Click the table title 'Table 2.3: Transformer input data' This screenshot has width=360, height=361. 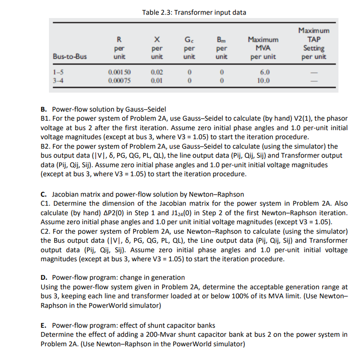tap(194, 12)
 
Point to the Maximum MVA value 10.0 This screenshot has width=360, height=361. tap(263, 80)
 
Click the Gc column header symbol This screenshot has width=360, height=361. tap(189, 40)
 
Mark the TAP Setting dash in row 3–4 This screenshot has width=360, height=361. tap(313, 80)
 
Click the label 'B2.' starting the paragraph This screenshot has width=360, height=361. tap(46, 146)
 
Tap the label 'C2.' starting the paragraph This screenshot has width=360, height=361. tap(46, 231)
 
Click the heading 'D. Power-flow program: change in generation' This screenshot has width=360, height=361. tap(113, 277)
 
